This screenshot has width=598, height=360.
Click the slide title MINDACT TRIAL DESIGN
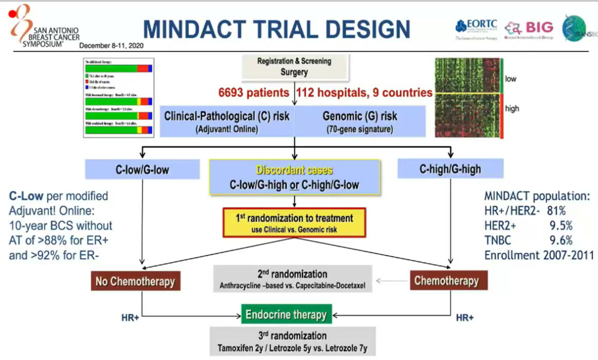click(276, 29)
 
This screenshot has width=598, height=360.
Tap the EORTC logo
click(476, 27)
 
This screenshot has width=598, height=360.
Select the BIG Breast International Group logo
click(529, 27)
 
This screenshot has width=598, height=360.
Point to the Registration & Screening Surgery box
click(293, 66)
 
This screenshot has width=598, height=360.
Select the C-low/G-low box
click(142, 169)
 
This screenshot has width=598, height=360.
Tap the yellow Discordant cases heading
click(294, 171)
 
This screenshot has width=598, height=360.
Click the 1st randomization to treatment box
click(294, 222)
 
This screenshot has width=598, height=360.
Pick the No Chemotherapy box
click(135, 281)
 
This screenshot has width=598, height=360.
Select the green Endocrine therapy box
click(286, 315)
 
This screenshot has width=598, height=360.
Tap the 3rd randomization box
click(292, 342)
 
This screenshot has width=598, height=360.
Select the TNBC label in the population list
click(498, 240)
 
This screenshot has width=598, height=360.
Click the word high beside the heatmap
click(512, 109)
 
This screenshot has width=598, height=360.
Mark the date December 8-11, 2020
click(111, 46)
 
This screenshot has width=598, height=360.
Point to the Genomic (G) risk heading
click(360, 117)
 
